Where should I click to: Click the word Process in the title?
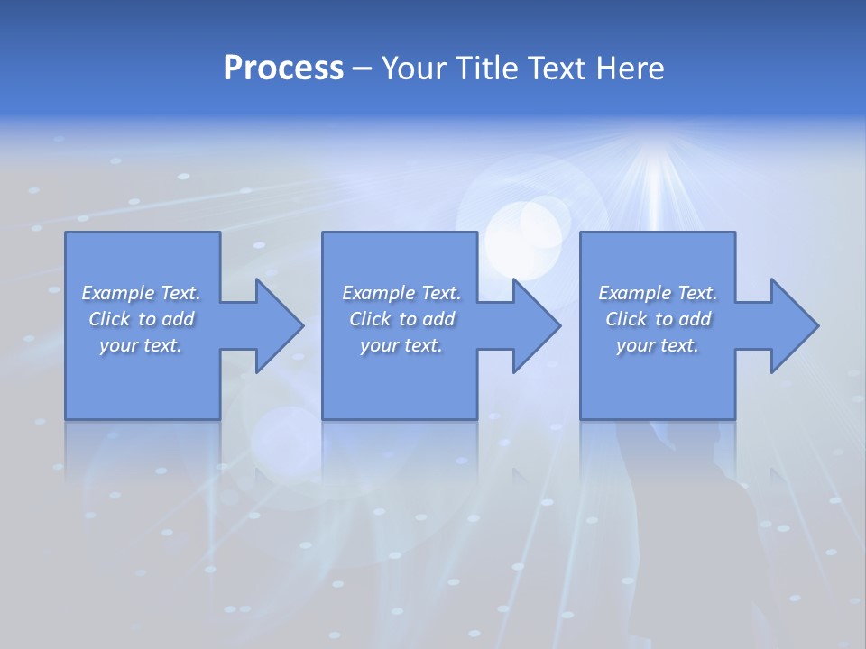(x=283, y=69)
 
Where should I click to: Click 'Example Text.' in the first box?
(x=141, y=293)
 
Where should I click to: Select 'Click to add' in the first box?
(x=141, y=319)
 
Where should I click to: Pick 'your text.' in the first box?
(x=141, y=345)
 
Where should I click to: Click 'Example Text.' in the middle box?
(x=401, y=293)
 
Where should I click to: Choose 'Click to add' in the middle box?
(x=401, y=319)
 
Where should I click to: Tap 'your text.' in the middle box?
(x=401, y=345)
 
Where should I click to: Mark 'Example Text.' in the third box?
(x=658, y=293)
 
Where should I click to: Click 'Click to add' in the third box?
(x=658, y=319)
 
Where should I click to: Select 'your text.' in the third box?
(x=658, y=345)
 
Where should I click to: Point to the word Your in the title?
(x=413, y=69)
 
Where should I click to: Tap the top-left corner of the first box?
(x=66, y=233)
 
